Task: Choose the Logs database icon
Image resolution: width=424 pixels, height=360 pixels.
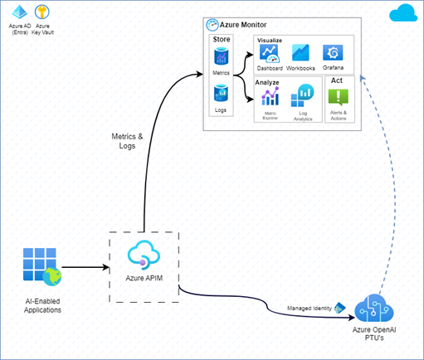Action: coord(222,95)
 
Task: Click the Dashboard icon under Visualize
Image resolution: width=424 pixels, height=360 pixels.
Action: coord(269,54)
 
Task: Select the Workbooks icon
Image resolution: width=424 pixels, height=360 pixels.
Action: coord(300,54)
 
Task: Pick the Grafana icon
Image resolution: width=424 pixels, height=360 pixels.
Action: coord(334,53)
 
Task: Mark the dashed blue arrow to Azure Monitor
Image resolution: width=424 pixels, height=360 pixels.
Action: coord(397,182)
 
